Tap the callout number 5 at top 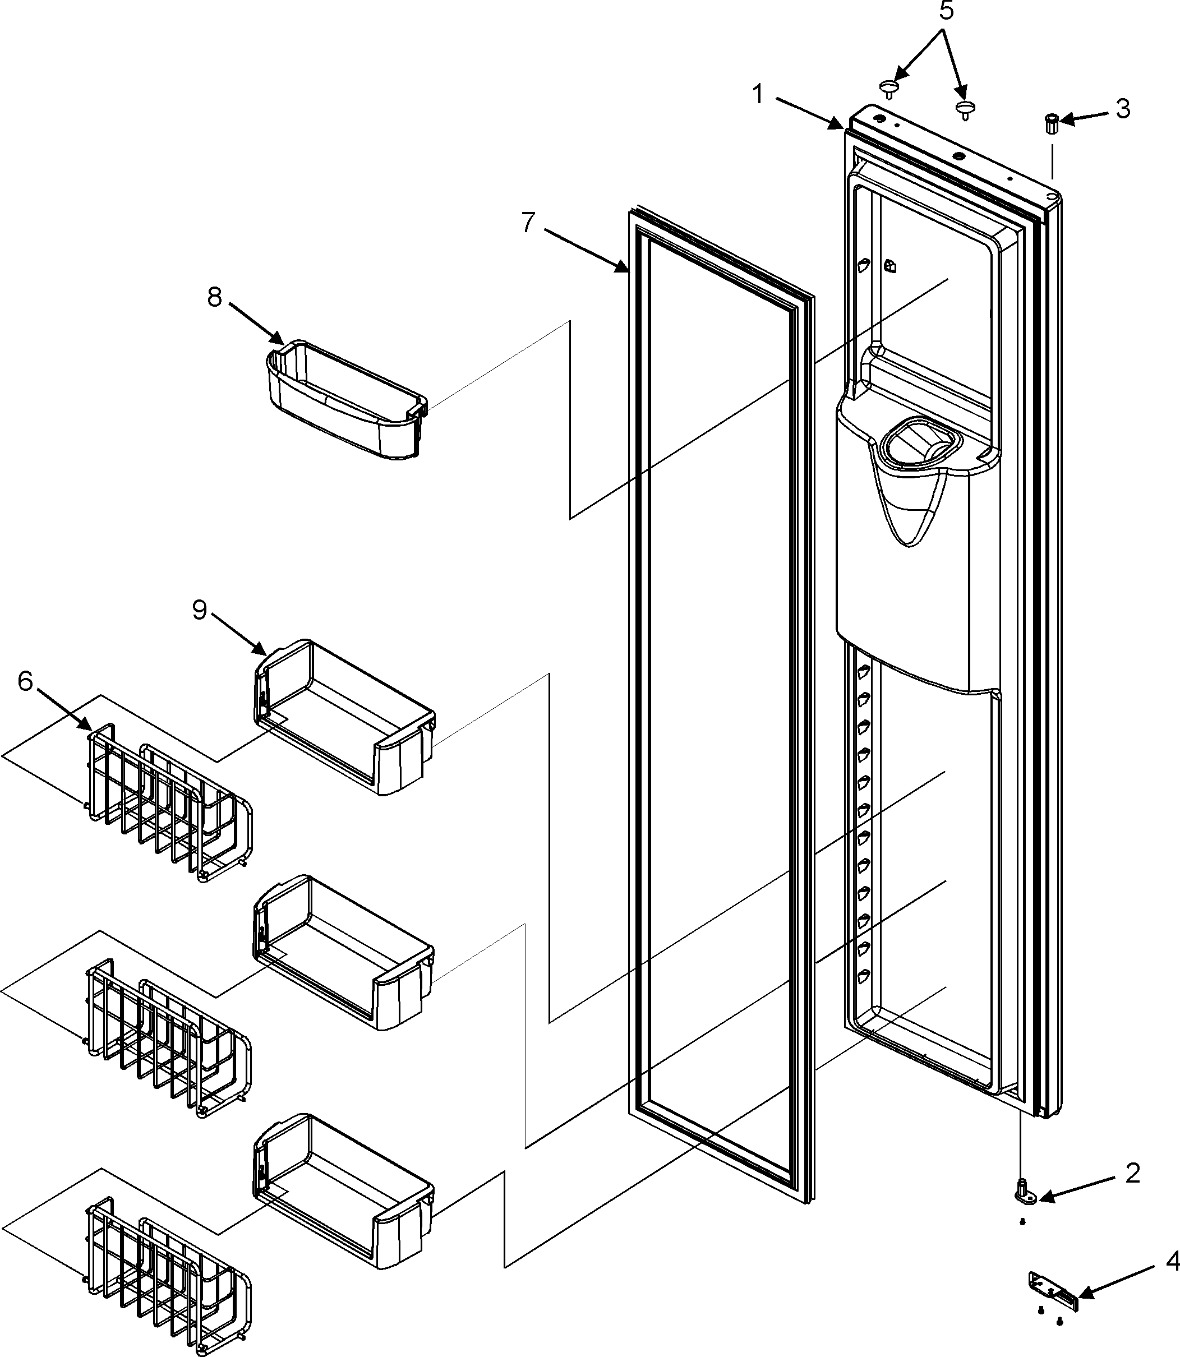click(x=946, y=11)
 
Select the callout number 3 click(x=1123, y=109)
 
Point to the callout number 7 click(x=528, y=223)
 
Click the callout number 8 click(x=215, y=297)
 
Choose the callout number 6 click(x=25, y=682)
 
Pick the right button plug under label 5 click(x=966, y=109)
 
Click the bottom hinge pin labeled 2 click(x=1025, y=1191)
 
